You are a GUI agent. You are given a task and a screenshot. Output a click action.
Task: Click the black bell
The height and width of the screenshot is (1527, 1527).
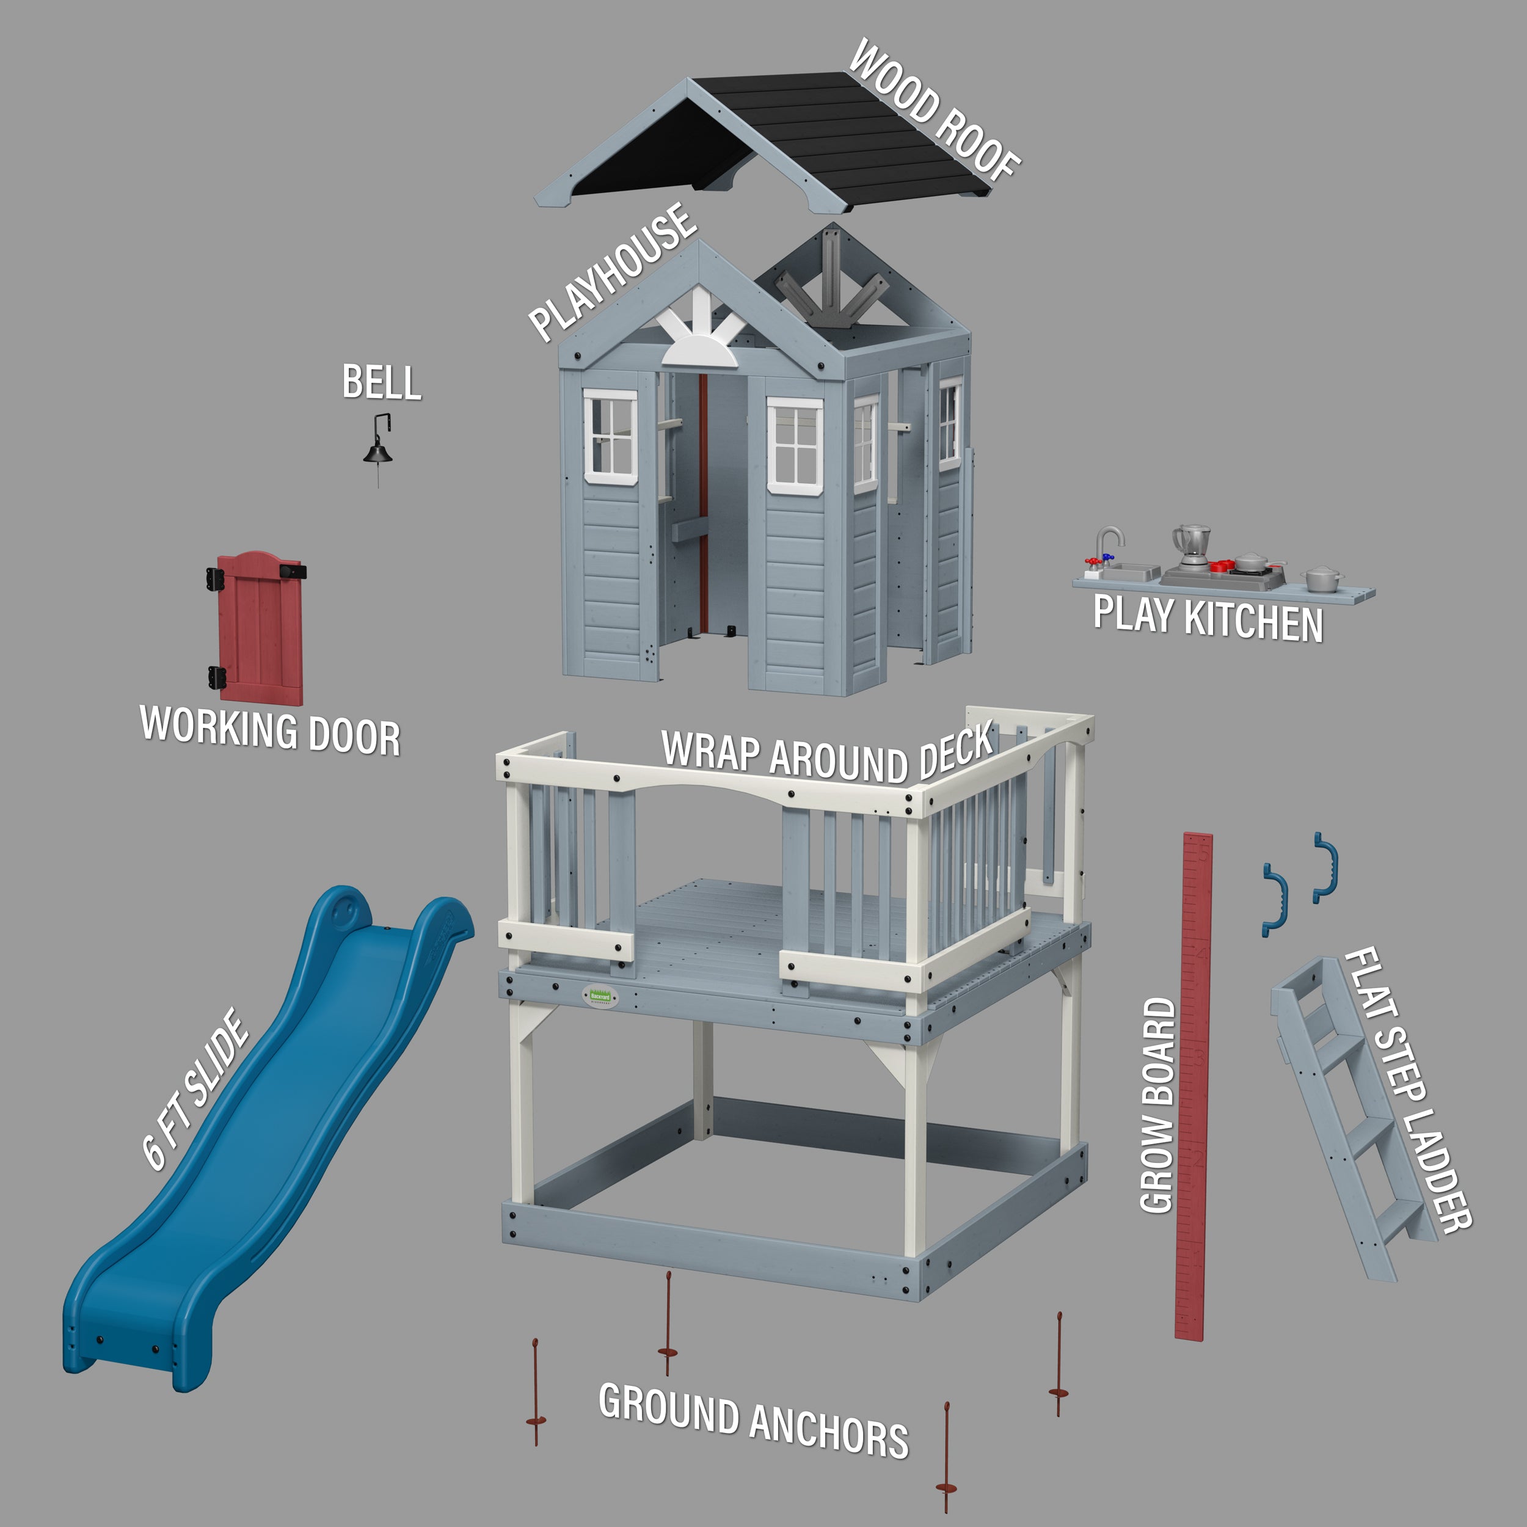pyautogui.click(x=377, y=452)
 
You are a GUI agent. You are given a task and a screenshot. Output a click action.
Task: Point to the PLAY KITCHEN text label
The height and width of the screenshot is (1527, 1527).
pyautogui.click(x=1208, y=619)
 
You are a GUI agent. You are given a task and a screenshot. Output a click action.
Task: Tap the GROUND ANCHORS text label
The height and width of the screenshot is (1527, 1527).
pyautogui.click(x=753, y=1419)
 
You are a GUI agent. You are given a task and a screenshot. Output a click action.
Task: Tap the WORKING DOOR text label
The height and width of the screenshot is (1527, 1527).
pyautogui.click(x=269, y=731)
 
